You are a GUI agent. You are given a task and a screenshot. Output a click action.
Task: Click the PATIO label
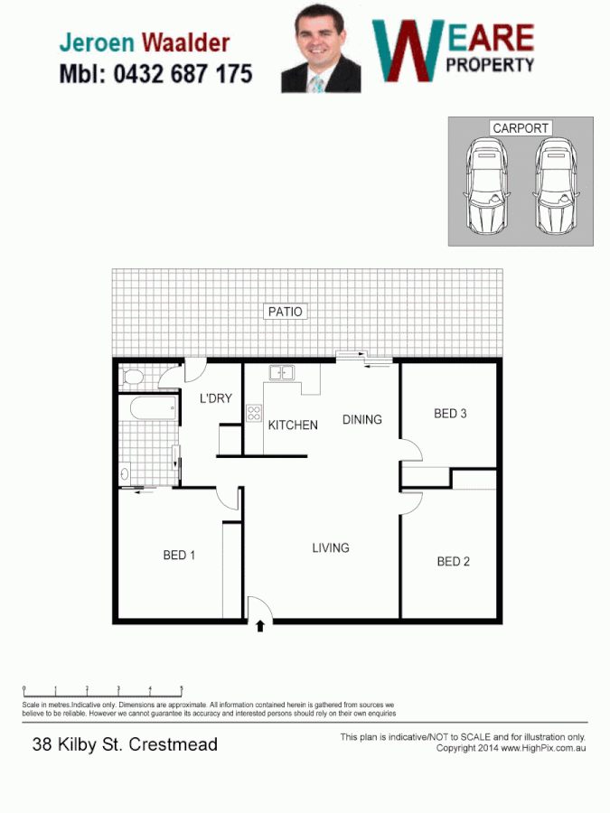pyautogui.click(x=286, y=312)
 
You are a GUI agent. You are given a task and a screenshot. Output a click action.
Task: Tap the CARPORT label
pyautogui.click(x=521, y=128)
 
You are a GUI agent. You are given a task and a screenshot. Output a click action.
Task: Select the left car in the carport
pyautogui.click(x=486, y=187)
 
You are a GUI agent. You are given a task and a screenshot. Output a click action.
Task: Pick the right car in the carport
pyautogui.click(x=554, y=187)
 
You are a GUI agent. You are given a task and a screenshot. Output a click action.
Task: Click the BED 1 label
pyautogui.click(x=179, y=556)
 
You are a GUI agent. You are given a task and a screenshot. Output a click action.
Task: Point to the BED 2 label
pyautogui.click(x=453, y=561)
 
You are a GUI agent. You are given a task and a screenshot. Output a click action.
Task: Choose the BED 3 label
pyautogui.click(x=450, y=414)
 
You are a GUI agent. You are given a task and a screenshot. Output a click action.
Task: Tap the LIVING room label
pyautogui.click(x=331, y=547)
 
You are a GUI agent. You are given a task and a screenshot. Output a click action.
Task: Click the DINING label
pyautogui.click(x=361, y=419)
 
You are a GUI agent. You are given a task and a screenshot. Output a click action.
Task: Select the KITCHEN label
pyautogui.click(x=293, y=425)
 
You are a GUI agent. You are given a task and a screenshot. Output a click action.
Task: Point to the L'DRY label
pyautogui.click(x=216, y=398)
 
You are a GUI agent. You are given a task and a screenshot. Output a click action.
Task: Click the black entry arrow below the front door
pyautogui.click(x=260, y=625)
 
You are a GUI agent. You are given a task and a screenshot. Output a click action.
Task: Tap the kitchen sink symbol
pyautogui.click(x=280, y=371)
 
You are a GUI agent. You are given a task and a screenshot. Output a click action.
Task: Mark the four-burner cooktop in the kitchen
pyautogui.click(x=254, y=415)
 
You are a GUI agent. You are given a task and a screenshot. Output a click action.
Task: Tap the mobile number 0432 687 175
pyautogui.click(x=183, y=74)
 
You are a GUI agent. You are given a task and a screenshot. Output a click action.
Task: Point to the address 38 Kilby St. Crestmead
pyautogui.click(x=125, y=745)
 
